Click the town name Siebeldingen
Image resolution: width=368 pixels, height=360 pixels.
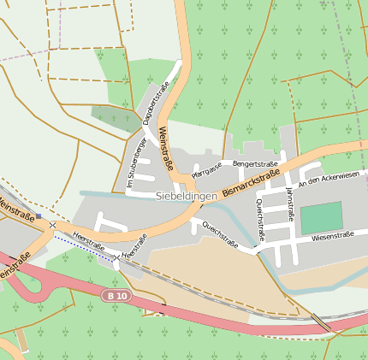(x=187, y=196)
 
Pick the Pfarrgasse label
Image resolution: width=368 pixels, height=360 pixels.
(x=206, y=168)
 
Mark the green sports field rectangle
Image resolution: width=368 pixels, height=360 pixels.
(x=321, y=218)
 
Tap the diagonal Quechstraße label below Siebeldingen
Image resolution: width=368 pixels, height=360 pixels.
(x=220, y=232)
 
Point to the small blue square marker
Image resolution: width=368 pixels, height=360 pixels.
(x=39, y=216)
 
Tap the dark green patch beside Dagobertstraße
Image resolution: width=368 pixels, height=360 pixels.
(x=116, y=118)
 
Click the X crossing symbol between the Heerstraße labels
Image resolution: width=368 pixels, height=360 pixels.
(x=116, y=257)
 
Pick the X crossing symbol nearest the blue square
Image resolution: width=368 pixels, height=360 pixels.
(x=53, y=225)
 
